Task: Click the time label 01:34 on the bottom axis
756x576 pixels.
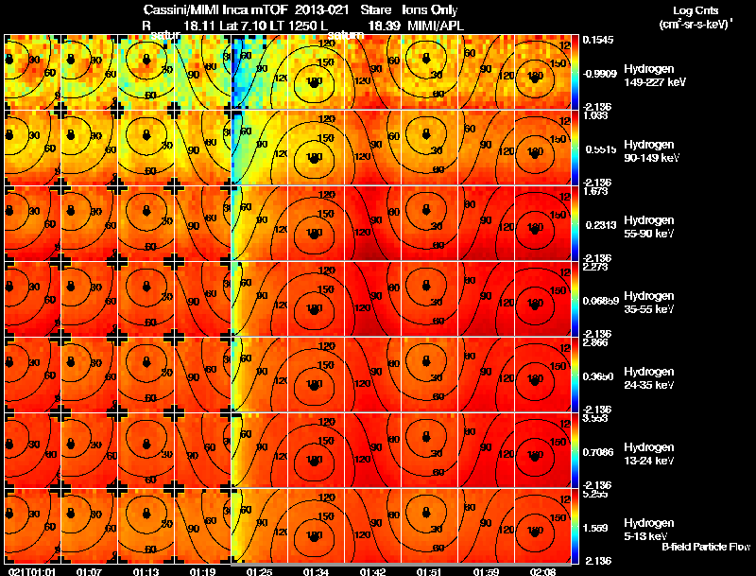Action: (315, 571)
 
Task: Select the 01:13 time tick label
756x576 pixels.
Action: (146, 571)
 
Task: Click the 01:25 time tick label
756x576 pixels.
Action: (259, 571)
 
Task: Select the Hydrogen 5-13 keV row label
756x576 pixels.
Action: (649, 529)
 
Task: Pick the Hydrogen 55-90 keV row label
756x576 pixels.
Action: (649, 227)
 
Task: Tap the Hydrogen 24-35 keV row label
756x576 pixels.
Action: (649, 378)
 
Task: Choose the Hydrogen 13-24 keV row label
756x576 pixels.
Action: (649, 453)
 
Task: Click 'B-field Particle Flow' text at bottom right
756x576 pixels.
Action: (705, 547)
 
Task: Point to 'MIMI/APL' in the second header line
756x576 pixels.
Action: (438, 26)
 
